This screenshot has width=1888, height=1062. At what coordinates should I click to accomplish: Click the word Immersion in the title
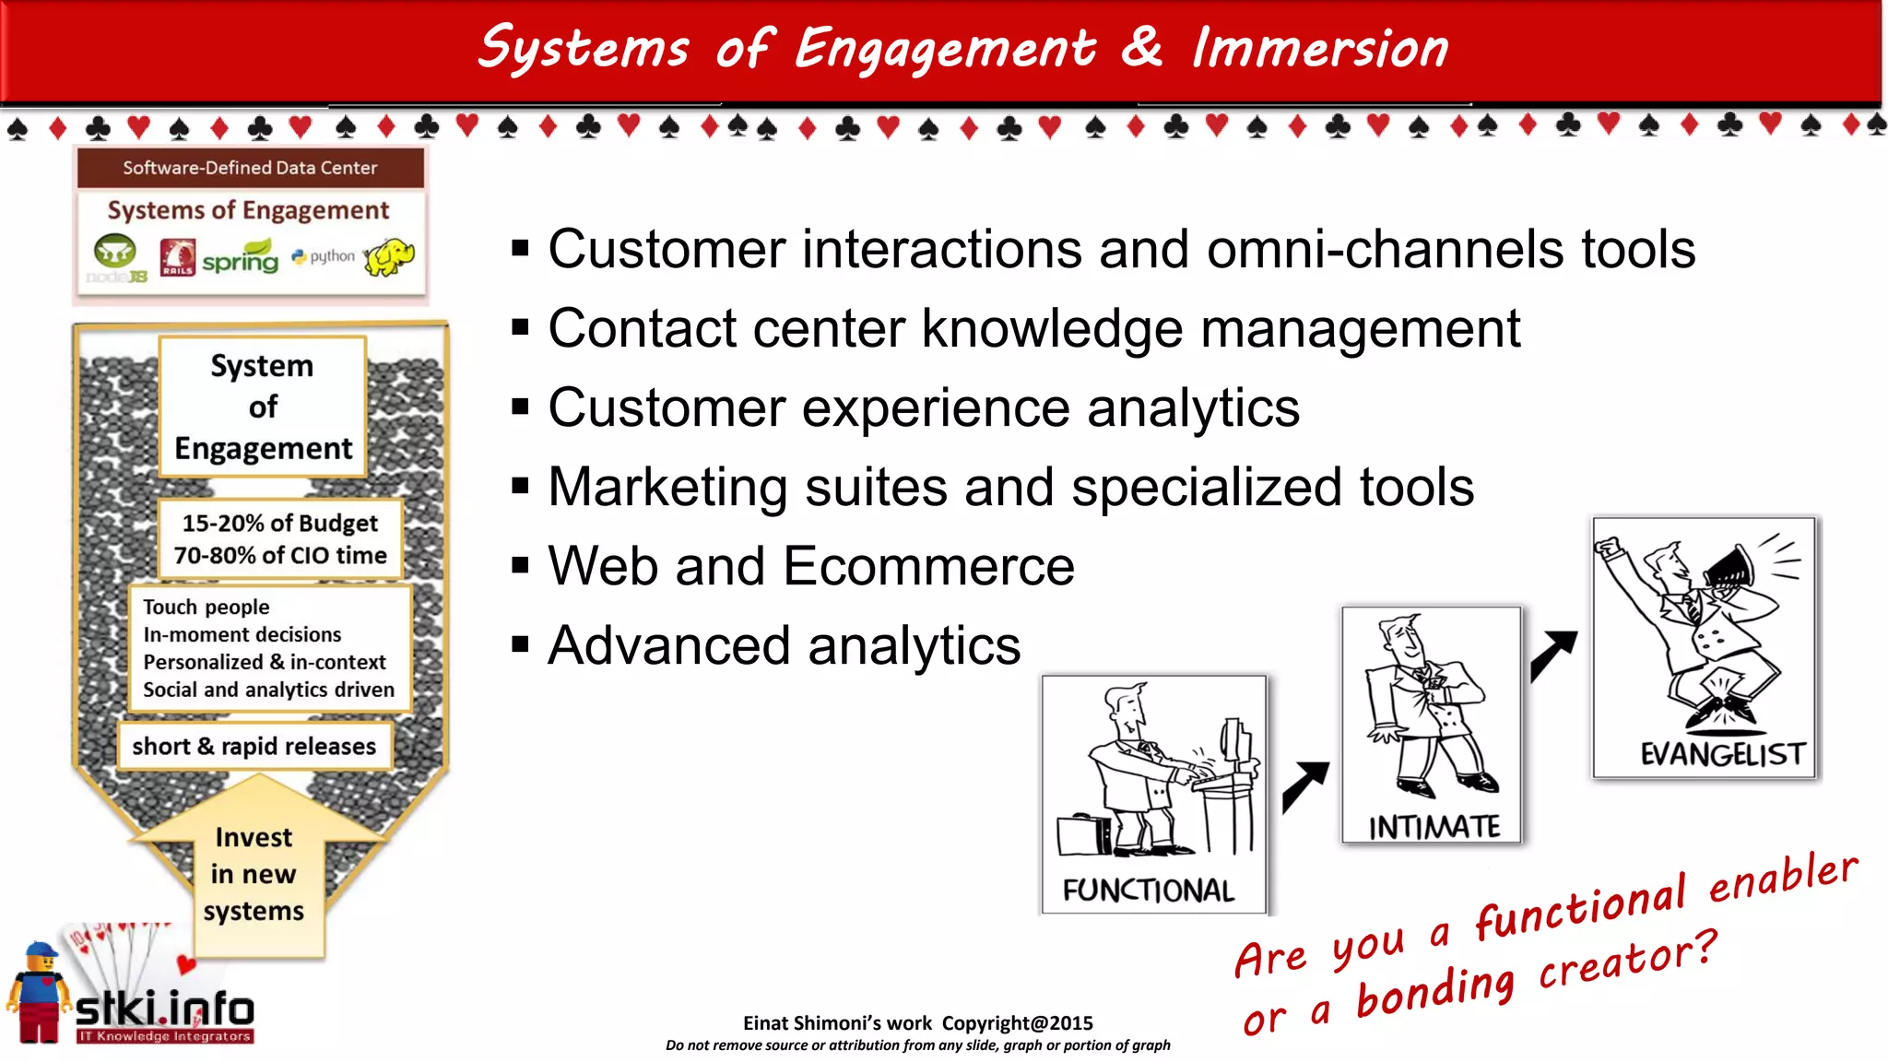pyautogui.click(x=1319, y=48)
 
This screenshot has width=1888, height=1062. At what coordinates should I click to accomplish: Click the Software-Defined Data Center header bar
pyautogui.click(x=250, y=168)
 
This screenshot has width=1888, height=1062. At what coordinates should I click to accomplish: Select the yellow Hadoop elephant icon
pyautogui.click(x=389, y=256)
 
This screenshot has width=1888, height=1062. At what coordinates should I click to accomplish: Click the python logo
pyautogui.click(x=324, y=256)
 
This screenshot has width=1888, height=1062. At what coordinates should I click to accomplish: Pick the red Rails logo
pyautogui.click(x=177, y=257)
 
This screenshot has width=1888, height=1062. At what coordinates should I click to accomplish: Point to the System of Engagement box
pyautogui.click(x=263, y=407)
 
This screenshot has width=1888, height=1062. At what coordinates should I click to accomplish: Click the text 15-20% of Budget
pyautogui.click(x=279, y=524)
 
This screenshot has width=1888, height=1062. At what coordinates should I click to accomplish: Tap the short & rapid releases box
pyautogui.click(x=254, y=746)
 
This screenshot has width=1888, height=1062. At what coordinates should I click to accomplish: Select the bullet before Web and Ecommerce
pyautogui.click(x=521, y=565)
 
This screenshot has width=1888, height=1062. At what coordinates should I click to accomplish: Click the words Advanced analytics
pyautogui.click(x=784, y=644)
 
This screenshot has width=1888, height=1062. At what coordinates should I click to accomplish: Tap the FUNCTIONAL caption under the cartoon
pyautogui.click(x=1148, y=890)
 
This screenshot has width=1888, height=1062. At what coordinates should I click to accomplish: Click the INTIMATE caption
pyautogui.click(x=1434, y=827)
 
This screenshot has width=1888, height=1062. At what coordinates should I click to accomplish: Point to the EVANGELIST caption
pyautogui.click(x=1722, y=754)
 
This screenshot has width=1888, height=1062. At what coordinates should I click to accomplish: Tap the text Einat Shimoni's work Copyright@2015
pyautogui.click(x=917, y=1022)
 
